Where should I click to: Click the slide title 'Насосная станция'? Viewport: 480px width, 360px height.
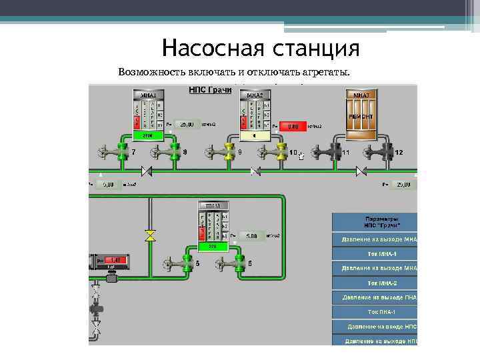260,49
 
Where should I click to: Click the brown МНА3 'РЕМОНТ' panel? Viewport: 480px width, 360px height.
361,113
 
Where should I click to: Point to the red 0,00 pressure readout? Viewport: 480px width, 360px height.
293,125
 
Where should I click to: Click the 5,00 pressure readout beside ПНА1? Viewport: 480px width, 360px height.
249,236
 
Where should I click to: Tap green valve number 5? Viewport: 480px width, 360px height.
187,264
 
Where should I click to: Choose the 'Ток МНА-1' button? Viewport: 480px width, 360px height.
374,253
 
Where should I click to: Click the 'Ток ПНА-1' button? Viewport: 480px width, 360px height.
374,311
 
